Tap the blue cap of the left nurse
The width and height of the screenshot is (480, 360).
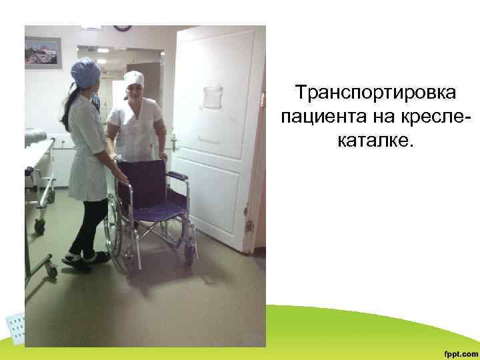[85, 67]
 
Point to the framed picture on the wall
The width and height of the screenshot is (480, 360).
[43, 52]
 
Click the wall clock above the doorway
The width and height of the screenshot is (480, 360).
[122, 27]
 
